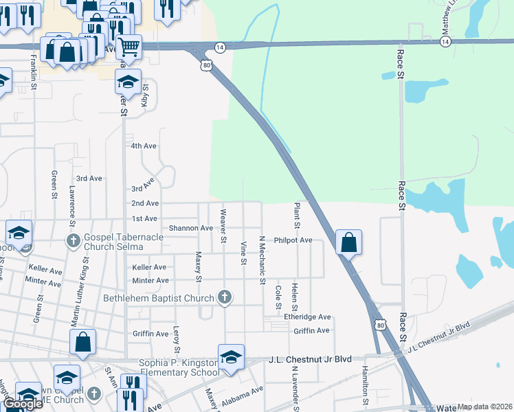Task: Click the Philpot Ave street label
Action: [x=293, y=240]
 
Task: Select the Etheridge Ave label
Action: [x=307, y=317]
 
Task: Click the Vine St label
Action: [x=243, y=253]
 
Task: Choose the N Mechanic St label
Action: [x=262, y=260]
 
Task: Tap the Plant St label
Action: [x=297, y=216]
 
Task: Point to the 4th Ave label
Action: [x=144, y=146]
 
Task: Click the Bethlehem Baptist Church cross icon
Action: [x=223, y=297]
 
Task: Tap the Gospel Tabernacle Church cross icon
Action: [x=74, y=240]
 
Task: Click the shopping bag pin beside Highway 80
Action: [x=348, y=242]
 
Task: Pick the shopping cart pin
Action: [x=128, y=47]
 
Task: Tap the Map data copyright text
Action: [x=484, y=407]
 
